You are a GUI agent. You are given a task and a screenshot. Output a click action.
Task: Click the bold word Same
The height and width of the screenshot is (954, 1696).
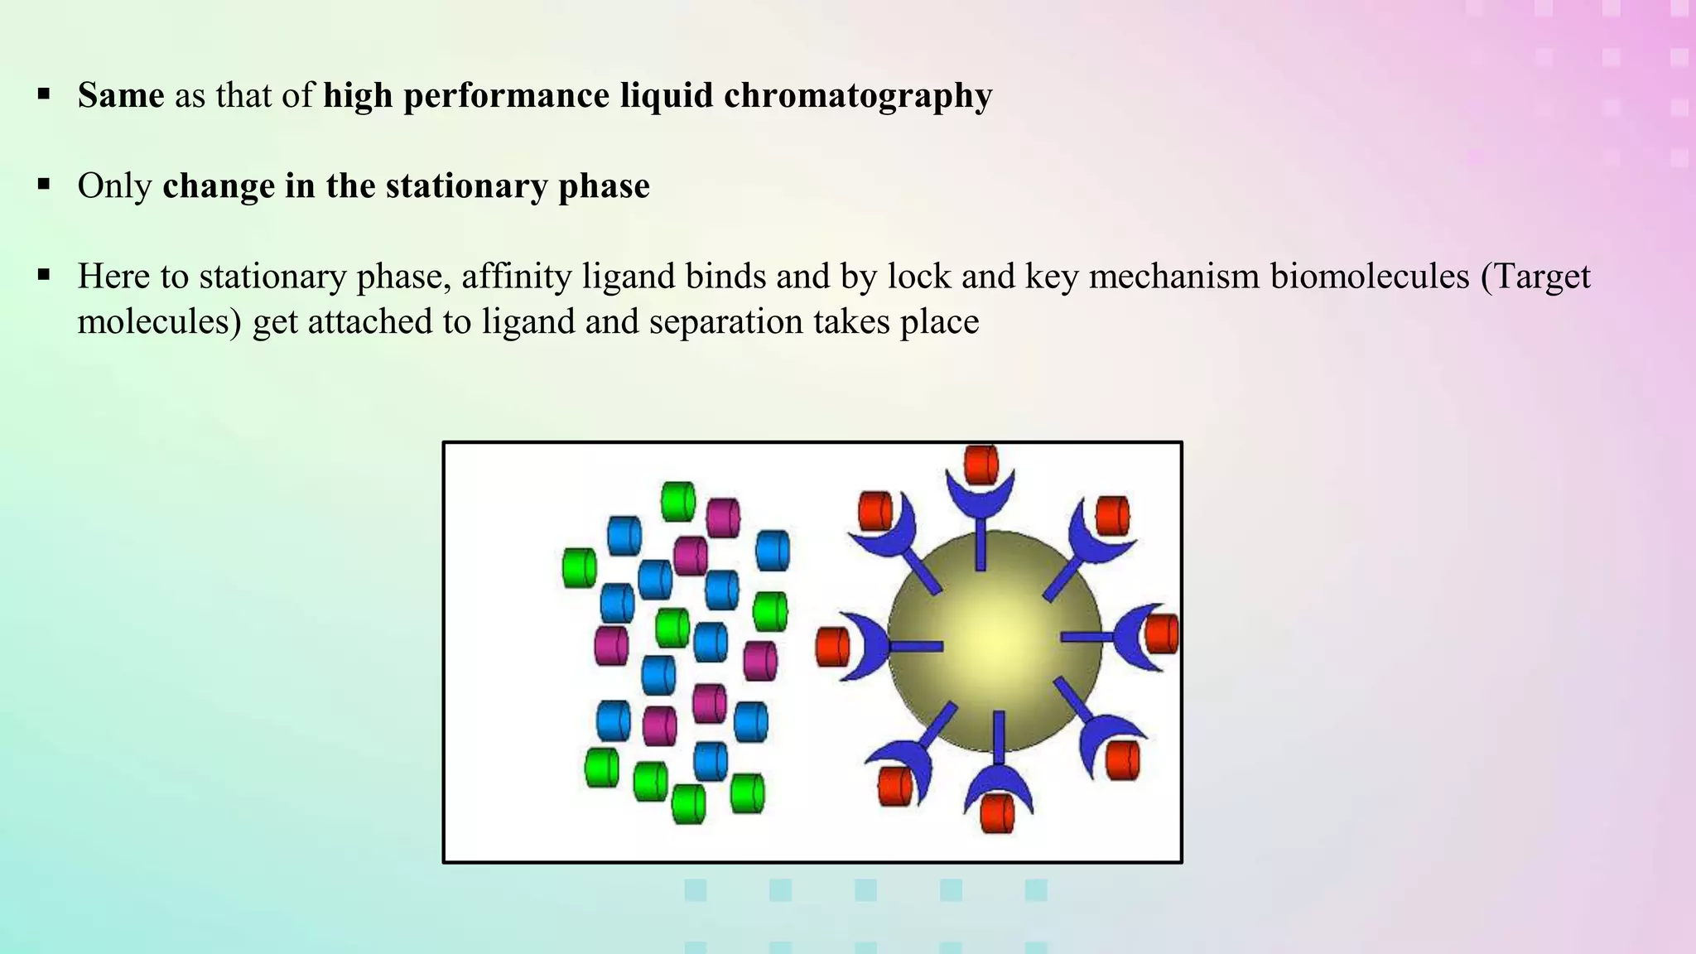[x=121, y=95]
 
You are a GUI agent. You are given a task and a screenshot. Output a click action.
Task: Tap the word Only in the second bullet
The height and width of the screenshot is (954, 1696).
[x=114, y=185]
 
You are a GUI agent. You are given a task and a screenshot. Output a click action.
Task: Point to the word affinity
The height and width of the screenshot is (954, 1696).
[x=516, y=276]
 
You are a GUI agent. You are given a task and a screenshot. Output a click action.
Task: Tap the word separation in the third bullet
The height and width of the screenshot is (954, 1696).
[x=725, y=321]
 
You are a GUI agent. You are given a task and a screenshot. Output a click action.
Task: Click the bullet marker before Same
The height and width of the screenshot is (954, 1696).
[x=44, y=94]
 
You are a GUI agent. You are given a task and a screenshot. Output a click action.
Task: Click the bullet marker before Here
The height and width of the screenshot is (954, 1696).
[x=44, y=274]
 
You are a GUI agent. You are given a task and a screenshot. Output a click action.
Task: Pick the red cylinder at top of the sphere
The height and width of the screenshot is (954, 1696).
[x=981, y=465]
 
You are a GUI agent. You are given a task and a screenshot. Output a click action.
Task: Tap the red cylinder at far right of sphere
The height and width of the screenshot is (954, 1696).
[x=1161, y=634]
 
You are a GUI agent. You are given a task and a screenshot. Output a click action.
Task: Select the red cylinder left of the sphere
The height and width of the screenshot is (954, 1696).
[x=832, y=647]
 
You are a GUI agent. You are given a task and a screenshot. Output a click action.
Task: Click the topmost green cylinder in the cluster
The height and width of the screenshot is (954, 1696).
[x=678, y=502]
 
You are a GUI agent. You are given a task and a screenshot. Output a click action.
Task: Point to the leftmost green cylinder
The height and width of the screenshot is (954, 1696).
[x=579, y=568]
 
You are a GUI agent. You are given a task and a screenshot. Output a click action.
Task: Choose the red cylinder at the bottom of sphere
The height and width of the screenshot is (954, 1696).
[x=997, y=813]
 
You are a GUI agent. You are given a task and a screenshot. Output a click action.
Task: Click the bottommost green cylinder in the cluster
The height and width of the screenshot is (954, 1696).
[x=688, y=803]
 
